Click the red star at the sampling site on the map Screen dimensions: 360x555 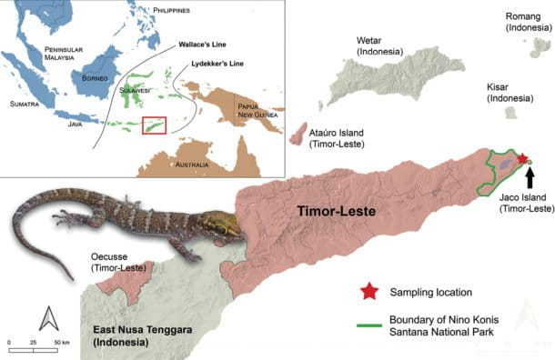click(522, 159)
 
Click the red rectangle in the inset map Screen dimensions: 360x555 click(156, 125)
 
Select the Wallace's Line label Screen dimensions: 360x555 click(201, 43)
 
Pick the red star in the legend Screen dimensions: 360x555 click(368, 292)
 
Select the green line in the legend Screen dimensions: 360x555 click(368, 319)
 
